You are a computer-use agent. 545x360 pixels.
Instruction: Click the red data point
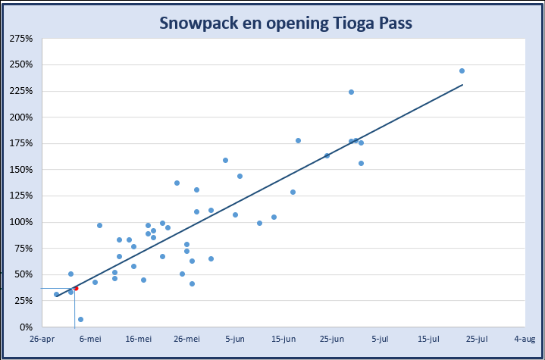point(76,288)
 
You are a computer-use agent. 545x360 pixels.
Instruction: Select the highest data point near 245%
point(462,70)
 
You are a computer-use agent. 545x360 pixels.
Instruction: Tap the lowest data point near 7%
point(80,319)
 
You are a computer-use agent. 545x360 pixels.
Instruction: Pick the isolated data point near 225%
point(351,92)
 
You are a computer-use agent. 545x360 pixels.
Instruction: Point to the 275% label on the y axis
point(20,38)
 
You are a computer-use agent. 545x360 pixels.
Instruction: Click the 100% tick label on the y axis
point(20,222)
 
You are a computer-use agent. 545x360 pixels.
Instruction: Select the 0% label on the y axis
point(26,327)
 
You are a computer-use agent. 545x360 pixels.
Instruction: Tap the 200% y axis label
point(20,117)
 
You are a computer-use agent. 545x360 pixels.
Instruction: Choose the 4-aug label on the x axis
point(525,339)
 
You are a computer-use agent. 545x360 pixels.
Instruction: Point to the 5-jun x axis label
point(235,339)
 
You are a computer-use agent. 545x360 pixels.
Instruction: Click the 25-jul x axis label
point(476,339)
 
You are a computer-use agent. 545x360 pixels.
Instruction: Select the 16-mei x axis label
point(138,339)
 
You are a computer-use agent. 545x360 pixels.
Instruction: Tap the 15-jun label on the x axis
point(283,339)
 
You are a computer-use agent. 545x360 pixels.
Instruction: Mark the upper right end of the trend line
point(462,85)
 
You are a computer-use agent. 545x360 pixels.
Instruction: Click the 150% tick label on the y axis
point(20,170)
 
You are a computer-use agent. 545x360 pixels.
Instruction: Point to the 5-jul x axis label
point(380,339)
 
